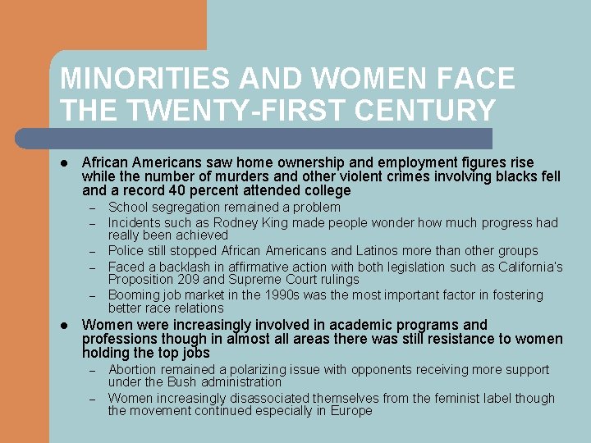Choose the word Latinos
(355, 251)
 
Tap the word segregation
(185, 208)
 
